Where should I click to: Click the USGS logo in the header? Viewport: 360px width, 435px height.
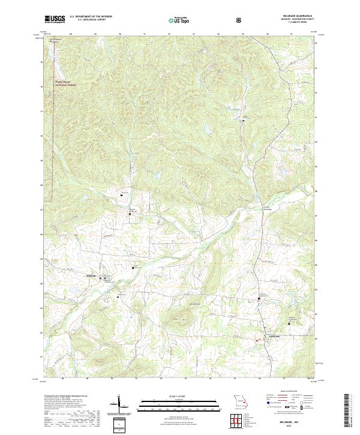(x=55, y=20)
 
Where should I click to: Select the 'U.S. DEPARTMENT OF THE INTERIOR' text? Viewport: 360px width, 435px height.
(x=91, y=17)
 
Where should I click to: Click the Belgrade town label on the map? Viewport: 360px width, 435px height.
(x=92, y=275)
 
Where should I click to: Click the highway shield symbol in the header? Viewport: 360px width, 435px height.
(x=240, y=20)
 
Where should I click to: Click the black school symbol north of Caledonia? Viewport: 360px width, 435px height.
(x=260, y=298)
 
